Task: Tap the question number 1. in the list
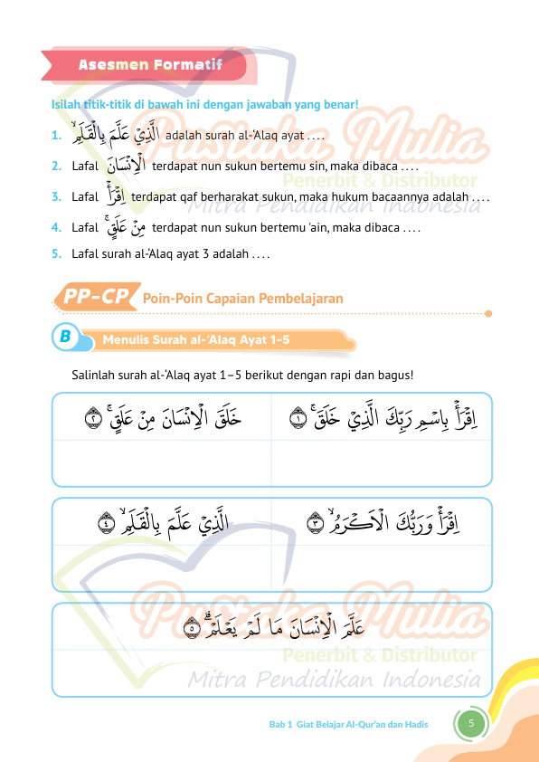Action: point(56,137)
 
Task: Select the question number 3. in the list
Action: point(56,196)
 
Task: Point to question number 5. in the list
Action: point(56,254)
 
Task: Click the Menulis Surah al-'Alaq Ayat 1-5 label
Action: point(196,339)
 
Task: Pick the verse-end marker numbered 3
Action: point(316,522)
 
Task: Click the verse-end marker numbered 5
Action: point(192,626)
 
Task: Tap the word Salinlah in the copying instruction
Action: point(93,376)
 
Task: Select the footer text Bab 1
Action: point(280,724)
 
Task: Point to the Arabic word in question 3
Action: point(114,195)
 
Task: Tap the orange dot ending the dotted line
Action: point(488,314)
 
